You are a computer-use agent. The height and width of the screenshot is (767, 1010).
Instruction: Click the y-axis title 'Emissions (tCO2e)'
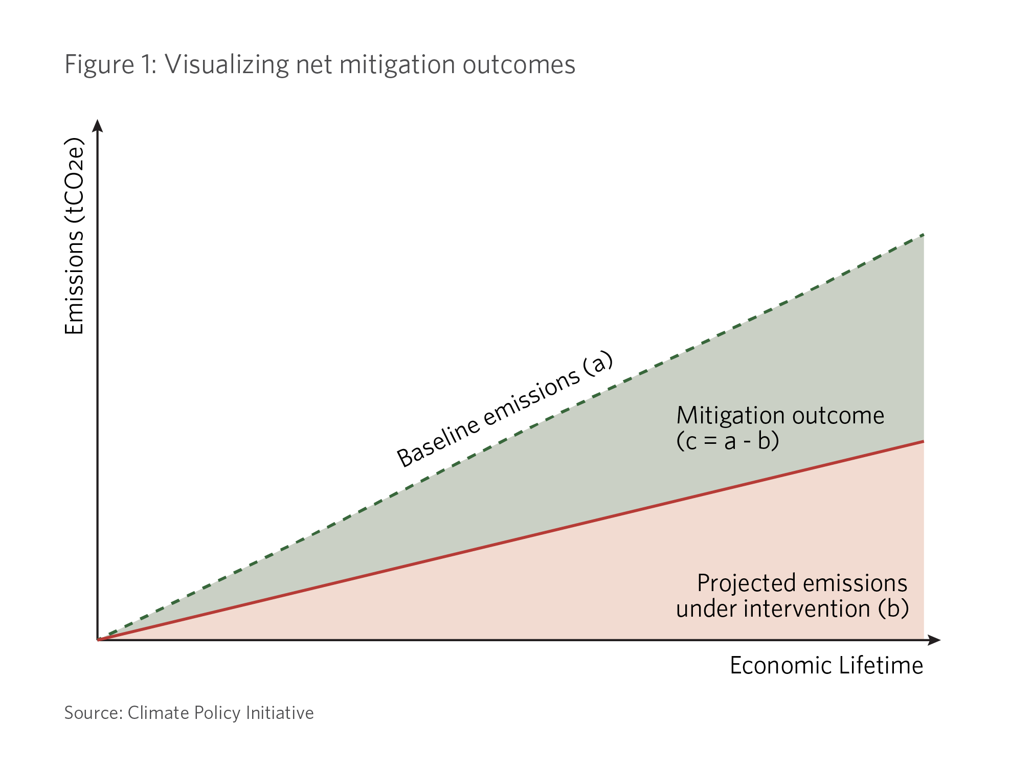pos(74,236)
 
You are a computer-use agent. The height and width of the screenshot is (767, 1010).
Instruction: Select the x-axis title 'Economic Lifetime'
pos(826,666)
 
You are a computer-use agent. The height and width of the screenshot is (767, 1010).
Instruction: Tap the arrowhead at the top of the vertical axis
pos(98,125)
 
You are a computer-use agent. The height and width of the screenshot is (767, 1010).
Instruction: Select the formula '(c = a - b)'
pos(727,441)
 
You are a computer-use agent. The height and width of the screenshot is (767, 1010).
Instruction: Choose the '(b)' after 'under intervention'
pos(893,608)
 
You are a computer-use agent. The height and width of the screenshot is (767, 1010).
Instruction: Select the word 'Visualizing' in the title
pos(227,65)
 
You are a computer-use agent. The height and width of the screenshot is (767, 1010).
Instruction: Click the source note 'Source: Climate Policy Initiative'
pos(189,713)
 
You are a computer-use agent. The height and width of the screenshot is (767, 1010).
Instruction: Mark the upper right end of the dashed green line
pos(924,235)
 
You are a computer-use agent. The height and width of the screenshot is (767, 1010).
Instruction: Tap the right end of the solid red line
pos(924,441)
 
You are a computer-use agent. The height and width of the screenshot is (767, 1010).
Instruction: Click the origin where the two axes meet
pos(98,640)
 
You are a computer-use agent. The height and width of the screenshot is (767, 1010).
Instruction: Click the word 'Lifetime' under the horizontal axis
pos(880,666)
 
